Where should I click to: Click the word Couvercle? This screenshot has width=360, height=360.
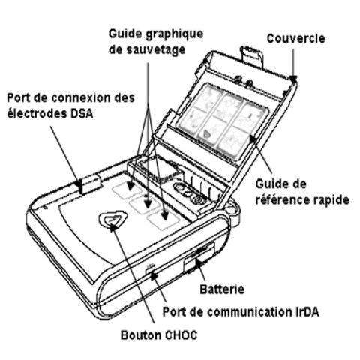295,38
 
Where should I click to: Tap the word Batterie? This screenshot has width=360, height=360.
222,289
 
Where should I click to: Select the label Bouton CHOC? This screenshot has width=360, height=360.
159,335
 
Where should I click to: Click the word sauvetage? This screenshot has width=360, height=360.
156,50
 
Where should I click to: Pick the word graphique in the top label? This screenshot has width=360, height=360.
174,34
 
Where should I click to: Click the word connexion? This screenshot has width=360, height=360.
85,97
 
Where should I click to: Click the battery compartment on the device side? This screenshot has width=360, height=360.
199,258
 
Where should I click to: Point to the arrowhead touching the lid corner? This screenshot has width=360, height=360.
294,79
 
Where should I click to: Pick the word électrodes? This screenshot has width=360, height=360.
36,114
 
